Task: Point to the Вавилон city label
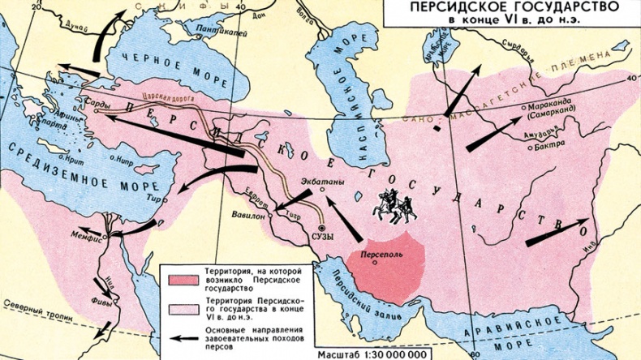[x=248, y=216]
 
